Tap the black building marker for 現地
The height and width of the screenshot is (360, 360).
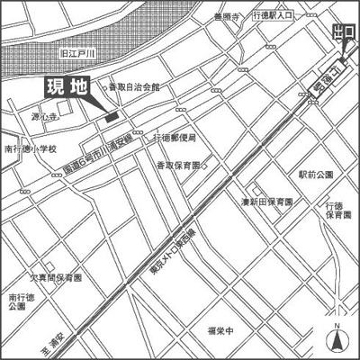(111, 115)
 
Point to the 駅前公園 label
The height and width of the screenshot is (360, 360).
(316, 173)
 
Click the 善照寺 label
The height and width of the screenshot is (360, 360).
(229, 17)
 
